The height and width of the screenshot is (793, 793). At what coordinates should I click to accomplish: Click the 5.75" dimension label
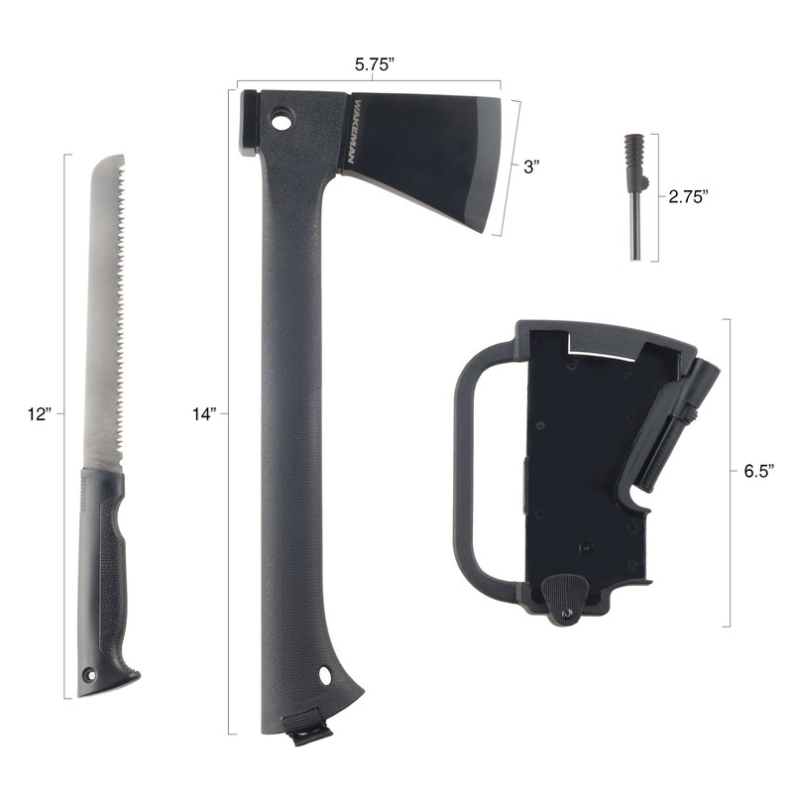tap(374, 64)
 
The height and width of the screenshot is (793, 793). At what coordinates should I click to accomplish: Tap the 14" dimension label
tap(204, 414)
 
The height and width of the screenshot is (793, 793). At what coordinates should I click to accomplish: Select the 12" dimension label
tap(40, 414)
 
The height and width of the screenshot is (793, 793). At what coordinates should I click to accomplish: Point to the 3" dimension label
tap(531, 167)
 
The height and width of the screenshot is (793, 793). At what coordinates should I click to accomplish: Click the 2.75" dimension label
tap(688, 196)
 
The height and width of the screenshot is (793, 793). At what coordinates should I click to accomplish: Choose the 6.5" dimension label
tap(759, 471)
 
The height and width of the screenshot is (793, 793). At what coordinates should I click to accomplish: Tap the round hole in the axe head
tap(283, 121)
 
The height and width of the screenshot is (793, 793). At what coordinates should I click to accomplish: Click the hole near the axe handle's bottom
tap(324, 675)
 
